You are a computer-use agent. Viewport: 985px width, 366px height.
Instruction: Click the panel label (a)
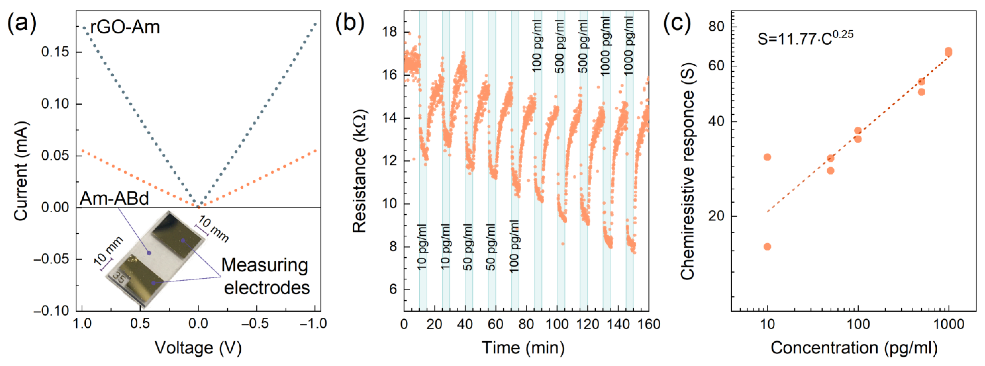(22, 24)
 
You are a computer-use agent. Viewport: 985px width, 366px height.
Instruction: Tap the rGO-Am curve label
(125, 28)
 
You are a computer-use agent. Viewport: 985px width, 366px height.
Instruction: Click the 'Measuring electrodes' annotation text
(265, 276)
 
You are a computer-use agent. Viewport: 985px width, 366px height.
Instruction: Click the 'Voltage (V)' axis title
(198, 348)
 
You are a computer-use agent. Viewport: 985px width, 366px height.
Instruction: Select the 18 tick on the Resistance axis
(389, 32)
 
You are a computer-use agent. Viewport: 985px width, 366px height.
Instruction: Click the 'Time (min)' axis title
(523, 348)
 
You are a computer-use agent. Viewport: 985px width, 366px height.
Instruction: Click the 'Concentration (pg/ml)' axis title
(854, 348)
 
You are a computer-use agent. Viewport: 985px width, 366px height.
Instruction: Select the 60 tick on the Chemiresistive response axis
(716, 65)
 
